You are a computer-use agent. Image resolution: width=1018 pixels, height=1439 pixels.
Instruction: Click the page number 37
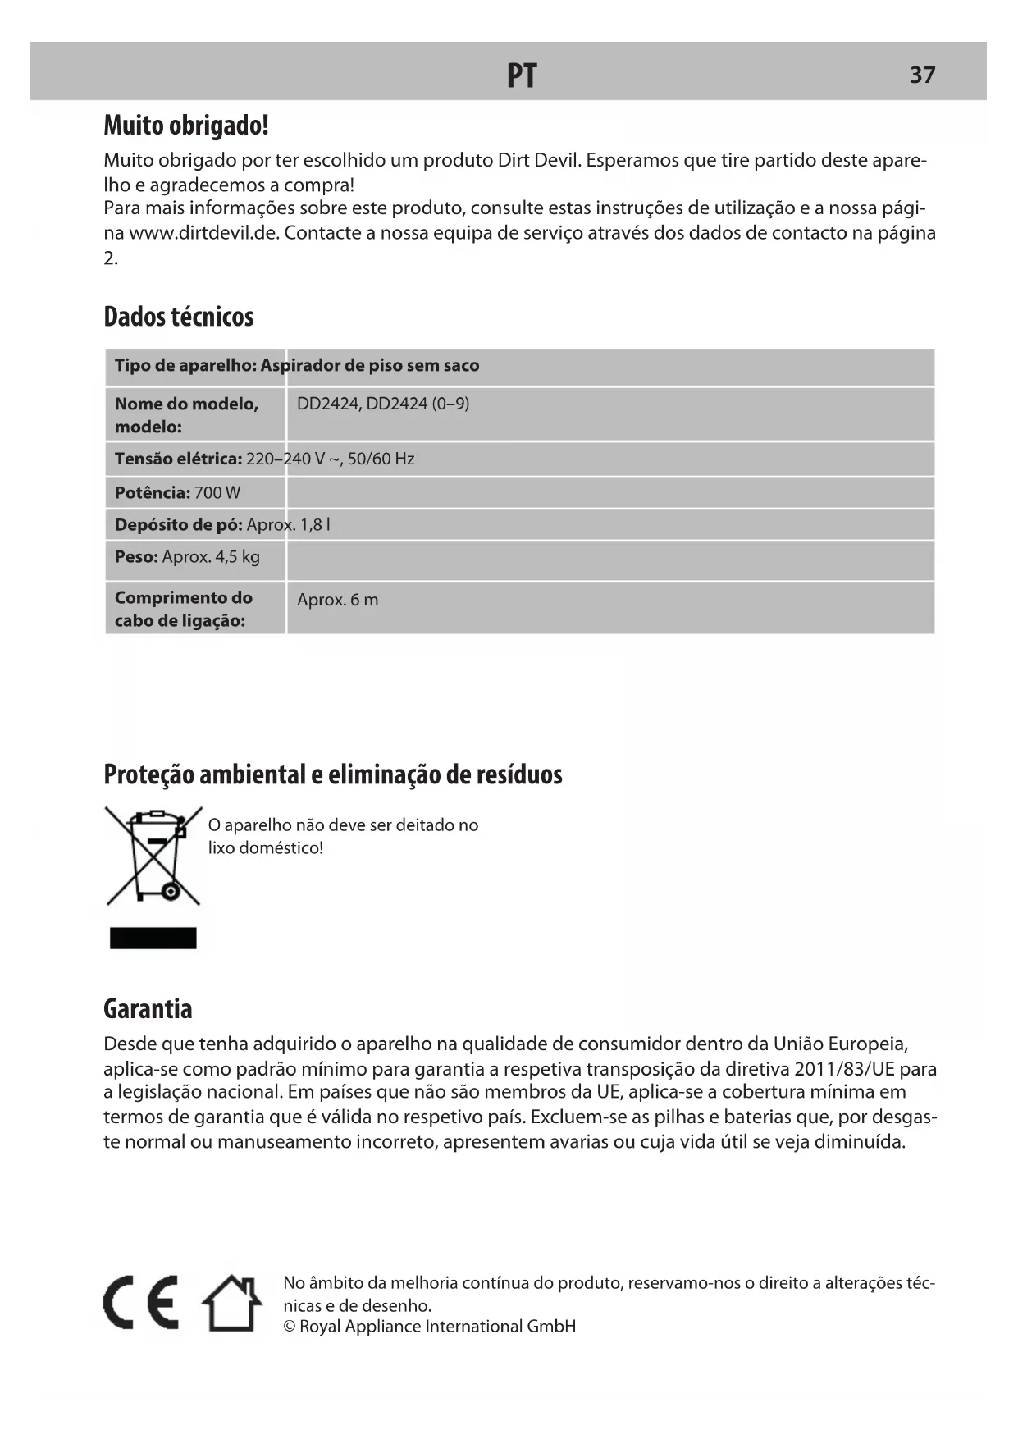pos(922,75)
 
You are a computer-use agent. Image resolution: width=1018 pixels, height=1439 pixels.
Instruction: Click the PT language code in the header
pos(522,75)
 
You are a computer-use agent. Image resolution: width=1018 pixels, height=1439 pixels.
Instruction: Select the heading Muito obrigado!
pos(186,126)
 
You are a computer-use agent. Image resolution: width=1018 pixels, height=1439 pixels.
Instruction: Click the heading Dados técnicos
pos(179,317)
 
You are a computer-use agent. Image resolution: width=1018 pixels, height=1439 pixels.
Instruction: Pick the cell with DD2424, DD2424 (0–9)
pos(383,404)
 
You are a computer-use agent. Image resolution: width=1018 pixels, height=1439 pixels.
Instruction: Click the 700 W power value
pos(217,493)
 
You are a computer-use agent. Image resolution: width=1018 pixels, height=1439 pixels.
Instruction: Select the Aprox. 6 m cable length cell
pos(338,600)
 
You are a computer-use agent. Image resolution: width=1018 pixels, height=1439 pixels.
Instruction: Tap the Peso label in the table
pos(136,557)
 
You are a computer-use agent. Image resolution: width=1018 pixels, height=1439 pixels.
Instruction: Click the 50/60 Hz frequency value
pos(381,459)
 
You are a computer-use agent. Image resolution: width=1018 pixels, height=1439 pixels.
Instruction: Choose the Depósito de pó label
pos(178,525)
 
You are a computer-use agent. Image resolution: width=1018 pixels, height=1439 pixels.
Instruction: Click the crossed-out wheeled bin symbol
pos(153,856)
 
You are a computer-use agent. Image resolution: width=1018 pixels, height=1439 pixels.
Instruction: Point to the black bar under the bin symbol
pos(153,938)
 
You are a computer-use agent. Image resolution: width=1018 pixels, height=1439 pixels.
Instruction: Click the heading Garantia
pos(148,1009)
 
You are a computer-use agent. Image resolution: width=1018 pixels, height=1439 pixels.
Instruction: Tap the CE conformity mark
pos(140,1303)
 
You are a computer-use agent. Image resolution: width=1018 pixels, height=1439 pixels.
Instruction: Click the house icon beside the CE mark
pos(233,1303)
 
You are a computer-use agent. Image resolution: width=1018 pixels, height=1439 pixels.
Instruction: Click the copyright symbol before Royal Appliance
pos(289,1327)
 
